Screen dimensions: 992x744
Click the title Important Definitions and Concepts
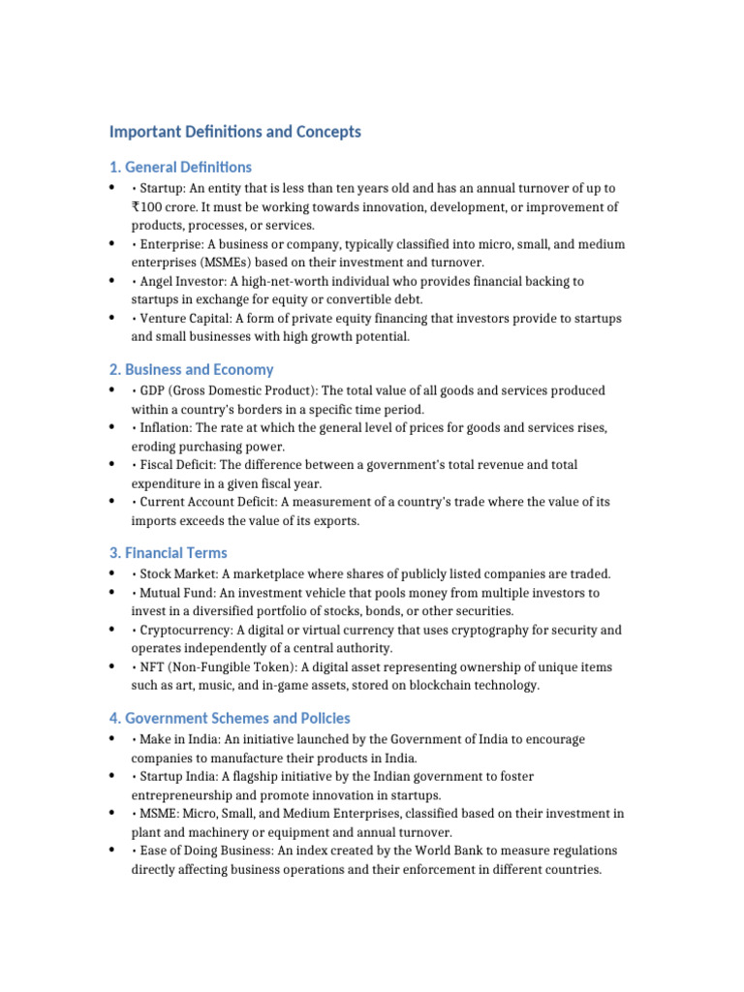point(234,132)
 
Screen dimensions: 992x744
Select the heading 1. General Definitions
point(180,167)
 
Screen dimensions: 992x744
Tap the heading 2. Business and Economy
point(191,369)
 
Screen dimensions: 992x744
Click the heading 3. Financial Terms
point(169,553)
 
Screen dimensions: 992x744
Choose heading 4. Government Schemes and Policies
point(230,718)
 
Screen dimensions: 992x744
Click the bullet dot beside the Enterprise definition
point(112,243)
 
